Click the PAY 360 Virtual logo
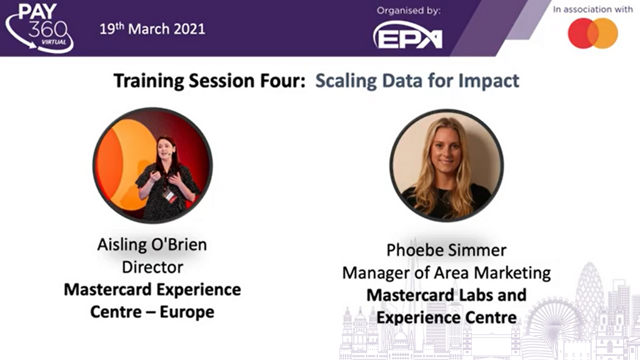[39, 28]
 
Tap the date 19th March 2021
[152, 29]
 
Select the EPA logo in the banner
[408, 35]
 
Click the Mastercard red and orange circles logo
[593, 33]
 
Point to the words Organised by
[408, 10]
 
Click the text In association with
[593, 9]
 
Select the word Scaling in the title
[346, 81]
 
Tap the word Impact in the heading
[489, 81]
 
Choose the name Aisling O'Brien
[152, 245]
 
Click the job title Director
[152, 267]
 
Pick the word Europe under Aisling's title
[187, 311]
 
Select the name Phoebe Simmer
[446, 250]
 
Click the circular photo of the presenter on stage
[152, 165]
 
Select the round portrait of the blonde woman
[446, 165]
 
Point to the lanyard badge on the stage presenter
[169, 195]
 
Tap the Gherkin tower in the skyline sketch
[589, 288]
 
